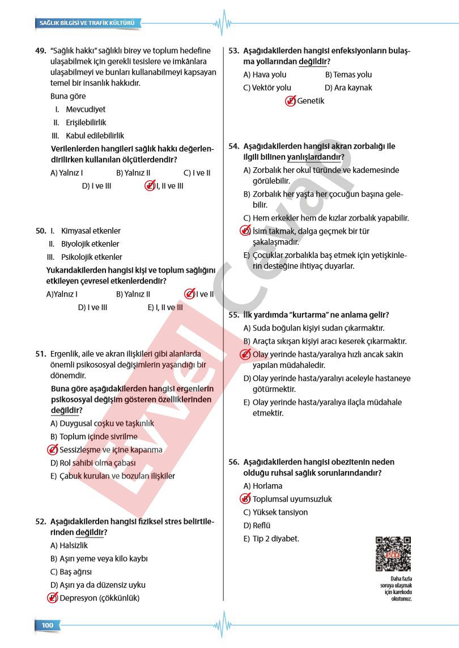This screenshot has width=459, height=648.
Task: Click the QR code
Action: (393, 553)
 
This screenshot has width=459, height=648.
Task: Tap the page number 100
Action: (47, 625)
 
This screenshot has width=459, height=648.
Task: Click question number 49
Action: (40, 50)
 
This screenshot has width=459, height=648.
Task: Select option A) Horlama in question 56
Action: (262, 486)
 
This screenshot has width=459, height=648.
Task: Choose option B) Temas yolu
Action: (348, 75)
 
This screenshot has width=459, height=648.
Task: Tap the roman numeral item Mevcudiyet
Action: (85, 109)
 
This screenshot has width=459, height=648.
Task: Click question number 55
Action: (234, 315)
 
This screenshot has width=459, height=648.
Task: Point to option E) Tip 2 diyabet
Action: (271, 539)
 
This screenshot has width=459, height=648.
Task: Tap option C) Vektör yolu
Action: (267, 88)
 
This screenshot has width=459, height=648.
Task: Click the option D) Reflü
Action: (259, 526)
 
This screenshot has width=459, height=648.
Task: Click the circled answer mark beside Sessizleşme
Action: (52, 450)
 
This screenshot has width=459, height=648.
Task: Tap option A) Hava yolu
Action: (265, 75)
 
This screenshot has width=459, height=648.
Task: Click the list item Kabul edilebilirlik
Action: (95, 136)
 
